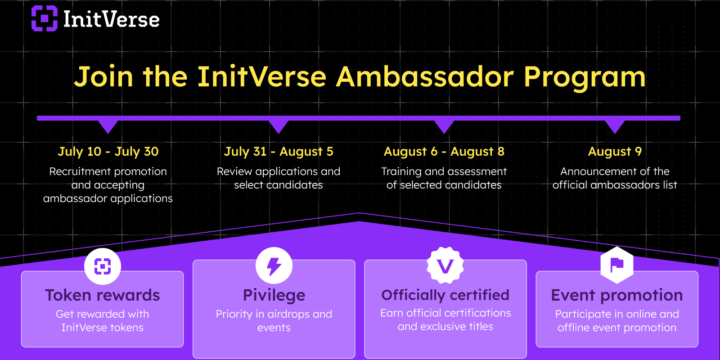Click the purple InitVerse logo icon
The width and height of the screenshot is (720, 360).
point(45,18)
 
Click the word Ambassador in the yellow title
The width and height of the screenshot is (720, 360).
point(425,76)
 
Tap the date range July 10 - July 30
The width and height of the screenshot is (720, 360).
point(108,151)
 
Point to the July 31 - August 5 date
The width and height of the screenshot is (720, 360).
point(279,151)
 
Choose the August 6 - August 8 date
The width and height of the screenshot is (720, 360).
point(444,151)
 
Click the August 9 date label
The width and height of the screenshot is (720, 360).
point(615,151)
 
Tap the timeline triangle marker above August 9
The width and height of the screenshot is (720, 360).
point(615,127)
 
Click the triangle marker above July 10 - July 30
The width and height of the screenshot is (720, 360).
point(108,127)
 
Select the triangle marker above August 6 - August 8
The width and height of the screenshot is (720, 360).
point(444,127)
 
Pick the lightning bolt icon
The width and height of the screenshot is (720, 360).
point(274,266)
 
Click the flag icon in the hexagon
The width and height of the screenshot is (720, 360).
point(617,265)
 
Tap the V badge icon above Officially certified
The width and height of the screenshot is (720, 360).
point(445,265)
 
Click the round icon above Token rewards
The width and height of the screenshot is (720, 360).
point(103,266)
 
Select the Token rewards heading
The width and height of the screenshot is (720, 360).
point(103,295)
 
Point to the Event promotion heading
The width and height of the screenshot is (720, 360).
point(617,295)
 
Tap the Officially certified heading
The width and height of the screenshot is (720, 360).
point(445,295)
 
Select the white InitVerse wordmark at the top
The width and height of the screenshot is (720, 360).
point(111,19)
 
